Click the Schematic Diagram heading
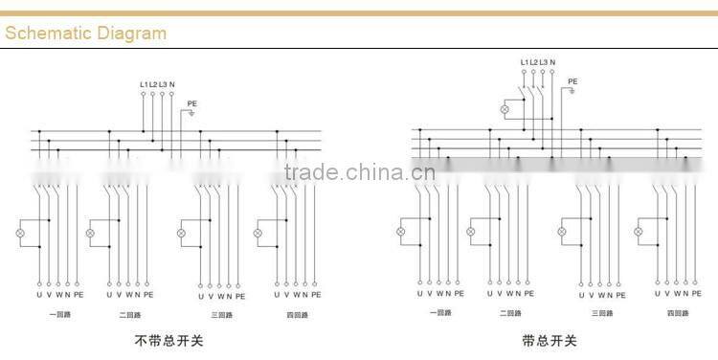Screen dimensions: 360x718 pyautogui.click(x=86, y=34)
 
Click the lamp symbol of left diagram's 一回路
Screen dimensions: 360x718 pyautogui.click(x=18, y=234)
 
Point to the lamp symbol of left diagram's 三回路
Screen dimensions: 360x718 pyautogui.click(x=181, y=234)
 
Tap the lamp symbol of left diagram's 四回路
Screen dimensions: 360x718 pyautogui.click(x=258, y=234)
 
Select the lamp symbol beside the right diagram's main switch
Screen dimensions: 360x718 pyautogui.click(x=505, y=110)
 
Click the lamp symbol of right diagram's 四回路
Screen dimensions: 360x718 pyautogui.click(x=639, y=232)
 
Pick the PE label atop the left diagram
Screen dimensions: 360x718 pyautogui.click(x=192, y=103)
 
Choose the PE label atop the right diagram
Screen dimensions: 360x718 pyautogui.click(x=573, y=81)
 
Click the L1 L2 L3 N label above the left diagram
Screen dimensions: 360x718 pyautogui.click(x=157, y=85)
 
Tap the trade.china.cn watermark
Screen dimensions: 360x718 pyautogui.click(x=359, y=172)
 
